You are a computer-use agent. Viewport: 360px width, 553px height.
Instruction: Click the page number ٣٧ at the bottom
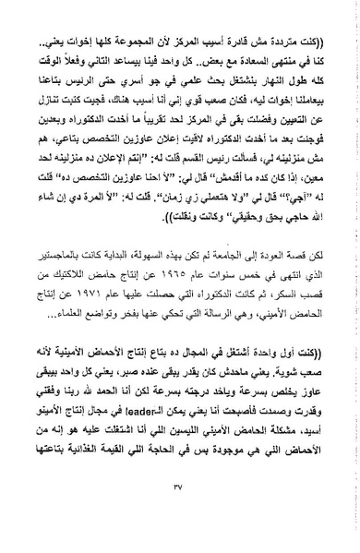click(x=180, y=515)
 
